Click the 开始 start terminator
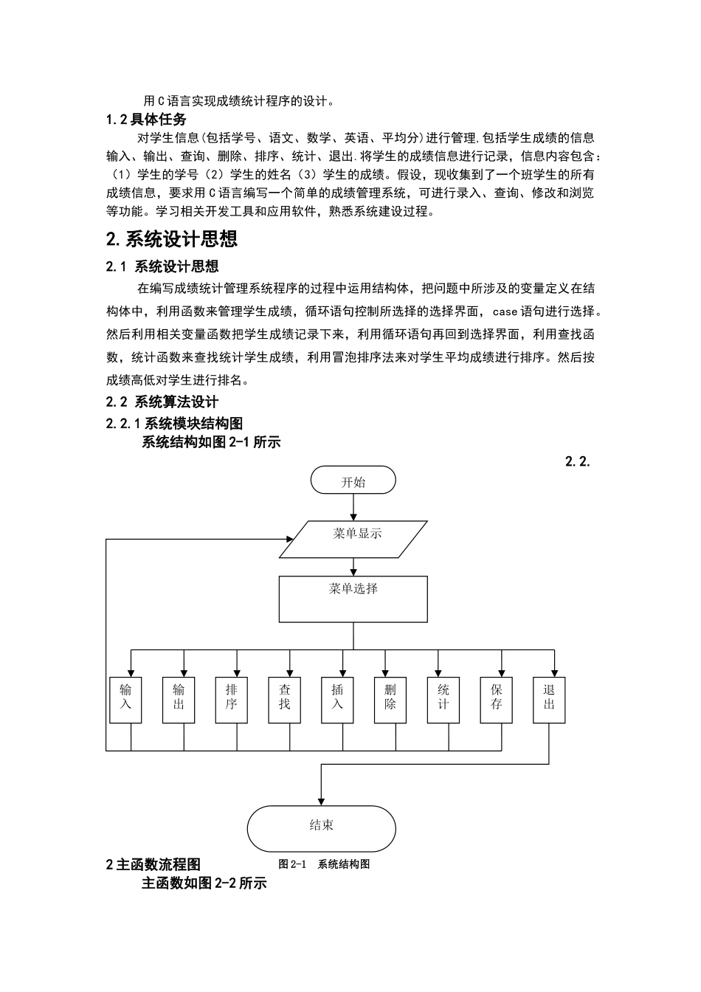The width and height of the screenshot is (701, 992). tap(353, 481)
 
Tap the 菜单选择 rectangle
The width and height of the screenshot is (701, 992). tap(353, 599)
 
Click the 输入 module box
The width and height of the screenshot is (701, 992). tap(125, 700)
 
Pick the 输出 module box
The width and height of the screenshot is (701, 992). tap(179, 700)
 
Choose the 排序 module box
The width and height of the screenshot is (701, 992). tap(232, 700)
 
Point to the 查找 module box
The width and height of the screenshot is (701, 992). tap(285, 700)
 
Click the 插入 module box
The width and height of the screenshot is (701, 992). tap(337, 700)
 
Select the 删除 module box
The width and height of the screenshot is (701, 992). tap(390, 700)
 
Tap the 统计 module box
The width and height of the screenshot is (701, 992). tap(443, 700)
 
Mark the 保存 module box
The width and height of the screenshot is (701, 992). tap(497, 700)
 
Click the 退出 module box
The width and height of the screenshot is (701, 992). tap(549, 700)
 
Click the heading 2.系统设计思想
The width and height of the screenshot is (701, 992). tap(172, 239)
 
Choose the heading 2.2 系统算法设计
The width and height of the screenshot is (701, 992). tap(162, 402)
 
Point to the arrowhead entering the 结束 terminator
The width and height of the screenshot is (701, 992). tap(321, 801)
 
